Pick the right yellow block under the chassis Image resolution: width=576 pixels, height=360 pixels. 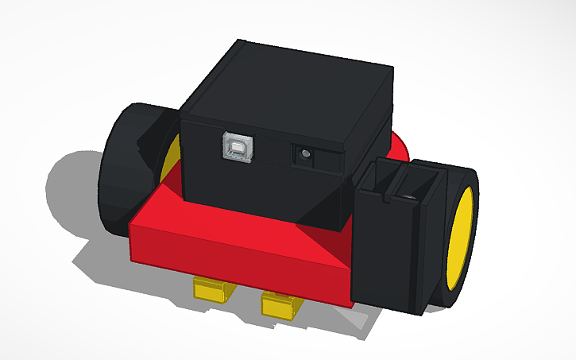pyautogui.click(x=280, y=304)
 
